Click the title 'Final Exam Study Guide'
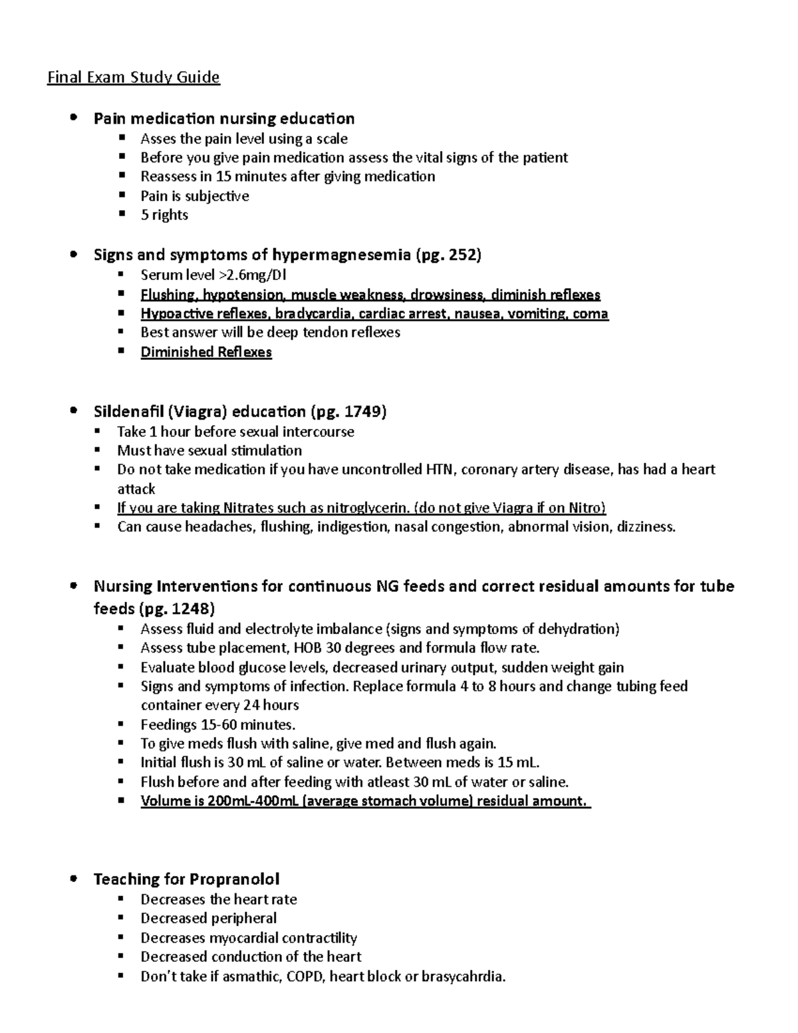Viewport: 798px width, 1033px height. point(133,78)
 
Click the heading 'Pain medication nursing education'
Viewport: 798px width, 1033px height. point(223,119)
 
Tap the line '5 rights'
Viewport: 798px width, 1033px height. point(164,215)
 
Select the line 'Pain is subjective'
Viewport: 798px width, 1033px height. point(194,196)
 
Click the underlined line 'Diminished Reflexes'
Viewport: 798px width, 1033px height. point(206,353)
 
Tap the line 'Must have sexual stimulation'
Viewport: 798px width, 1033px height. point(209,450)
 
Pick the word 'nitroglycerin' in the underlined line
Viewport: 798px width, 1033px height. point(368,508)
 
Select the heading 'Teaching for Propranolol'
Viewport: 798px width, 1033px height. point(186,879)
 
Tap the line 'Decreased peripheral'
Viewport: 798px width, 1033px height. point(208,918)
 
